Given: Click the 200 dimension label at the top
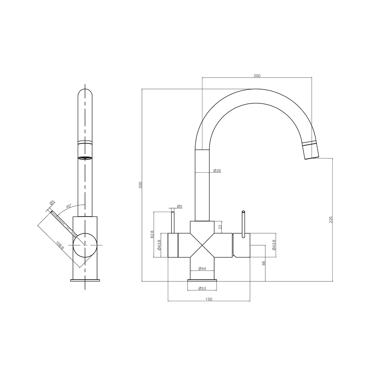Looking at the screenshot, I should [x=257, y=76].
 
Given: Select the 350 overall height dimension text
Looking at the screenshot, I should [x=140, y=185].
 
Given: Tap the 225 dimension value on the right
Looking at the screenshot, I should [x=331, y=220].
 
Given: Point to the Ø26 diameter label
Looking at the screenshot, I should [x=217, y=171].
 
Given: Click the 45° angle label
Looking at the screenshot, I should [x=69, y=206].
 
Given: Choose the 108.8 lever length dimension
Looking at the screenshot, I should [x=60, y=246].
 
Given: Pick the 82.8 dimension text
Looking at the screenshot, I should [x=152, y=235].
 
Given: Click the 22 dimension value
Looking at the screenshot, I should [x=220, y=227].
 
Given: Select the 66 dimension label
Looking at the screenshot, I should [x=264, y=263].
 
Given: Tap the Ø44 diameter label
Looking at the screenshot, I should [x=202, y=269].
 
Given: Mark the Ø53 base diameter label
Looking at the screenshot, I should [x=202, y=288].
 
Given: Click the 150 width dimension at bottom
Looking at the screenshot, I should [x=209, y=299].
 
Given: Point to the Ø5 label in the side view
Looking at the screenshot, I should [x=52, y=202].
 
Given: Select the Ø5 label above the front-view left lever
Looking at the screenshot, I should [x=179, y=207].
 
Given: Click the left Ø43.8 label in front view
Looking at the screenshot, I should [x=159, y=245].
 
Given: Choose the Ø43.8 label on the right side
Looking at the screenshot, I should [x=274, y=245].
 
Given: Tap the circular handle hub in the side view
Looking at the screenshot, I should [x=85, y=245].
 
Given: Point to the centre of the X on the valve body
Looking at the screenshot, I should [x=202, y=245].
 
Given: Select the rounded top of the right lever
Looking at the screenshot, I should [x=243, y=212].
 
